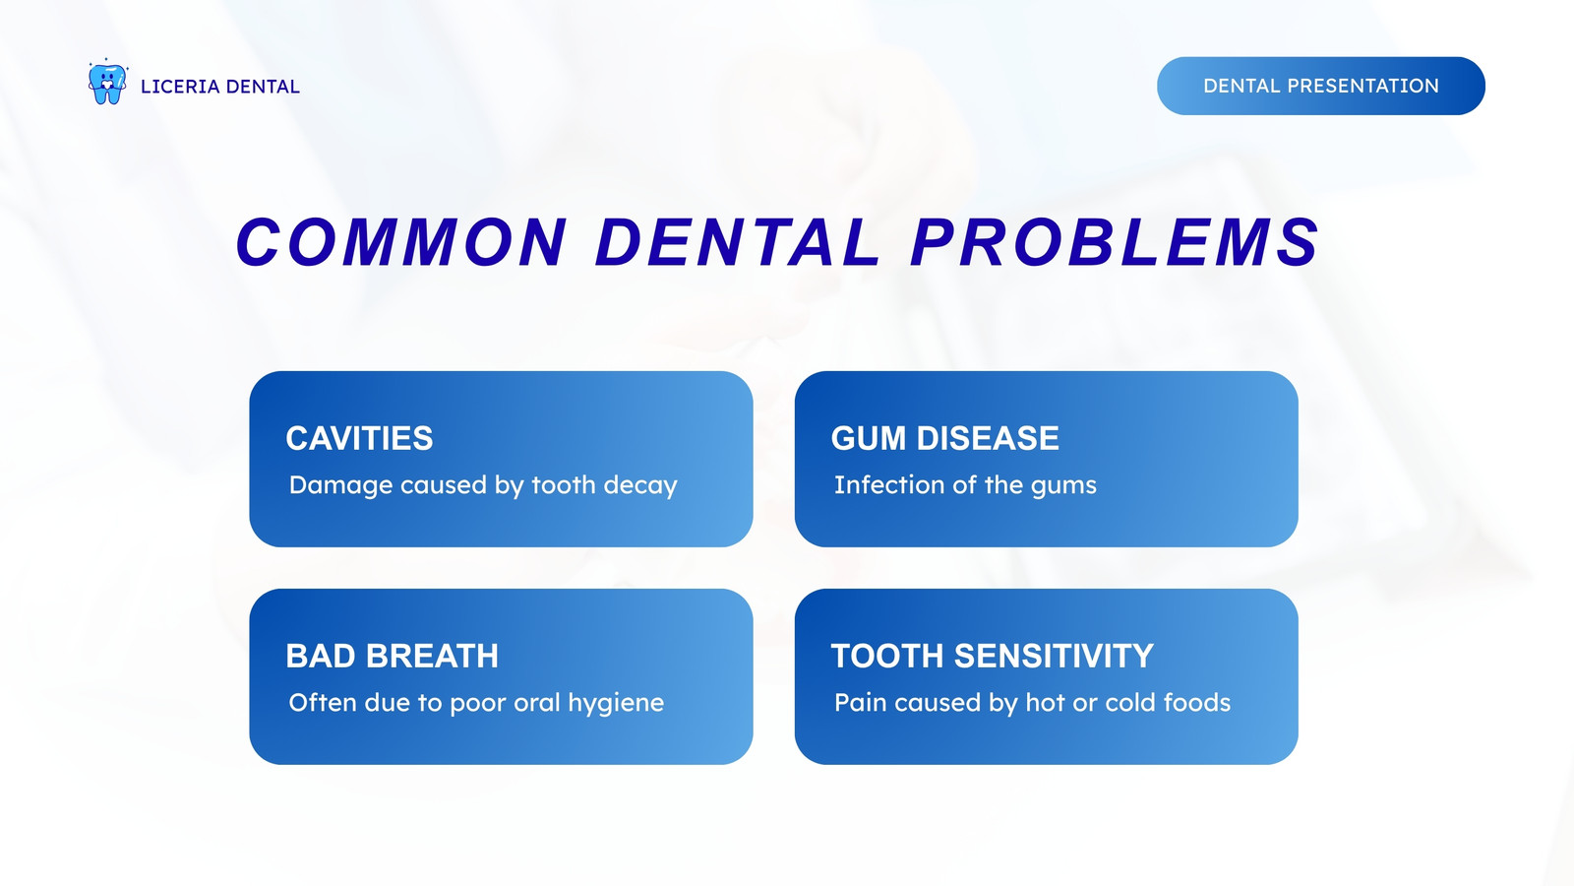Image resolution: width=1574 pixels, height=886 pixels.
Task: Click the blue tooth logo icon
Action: coord(107,83)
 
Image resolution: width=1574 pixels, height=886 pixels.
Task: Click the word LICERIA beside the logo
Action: coord(181,87)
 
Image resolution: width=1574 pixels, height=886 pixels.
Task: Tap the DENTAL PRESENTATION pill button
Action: coord(1321,86)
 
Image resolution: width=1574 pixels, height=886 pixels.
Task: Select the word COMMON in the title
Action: coord(401,242)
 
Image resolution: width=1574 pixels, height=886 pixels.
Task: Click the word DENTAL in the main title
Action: coord(738,242)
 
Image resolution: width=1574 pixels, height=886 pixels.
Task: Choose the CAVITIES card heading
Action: coord(359,438)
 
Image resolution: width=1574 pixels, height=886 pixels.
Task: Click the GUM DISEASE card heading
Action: coord(944,438)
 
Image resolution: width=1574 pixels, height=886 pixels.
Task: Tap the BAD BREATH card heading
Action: coord(393,656)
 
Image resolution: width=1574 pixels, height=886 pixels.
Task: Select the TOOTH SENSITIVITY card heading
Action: coord(993,656)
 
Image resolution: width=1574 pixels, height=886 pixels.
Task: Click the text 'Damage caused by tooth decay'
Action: coord(483,485)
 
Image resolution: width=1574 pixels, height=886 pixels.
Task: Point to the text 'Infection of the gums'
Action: coord(965,485)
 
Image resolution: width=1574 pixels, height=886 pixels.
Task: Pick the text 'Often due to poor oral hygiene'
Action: coord(476,703)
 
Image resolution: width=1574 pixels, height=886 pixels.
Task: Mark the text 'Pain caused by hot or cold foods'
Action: coord(1032,703)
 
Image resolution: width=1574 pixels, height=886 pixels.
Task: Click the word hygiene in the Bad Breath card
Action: coord(616,704)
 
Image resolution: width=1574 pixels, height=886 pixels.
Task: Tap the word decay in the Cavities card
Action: coord(640,486)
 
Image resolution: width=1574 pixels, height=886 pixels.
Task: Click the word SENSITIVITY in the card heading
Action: coord(1054,656)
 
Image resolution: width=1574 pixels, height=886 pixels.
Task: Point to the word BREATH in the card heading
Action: coord(432,656)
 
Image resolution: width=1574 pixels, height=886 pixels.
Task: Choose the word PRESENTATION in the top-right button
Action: coord(1363,86)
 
